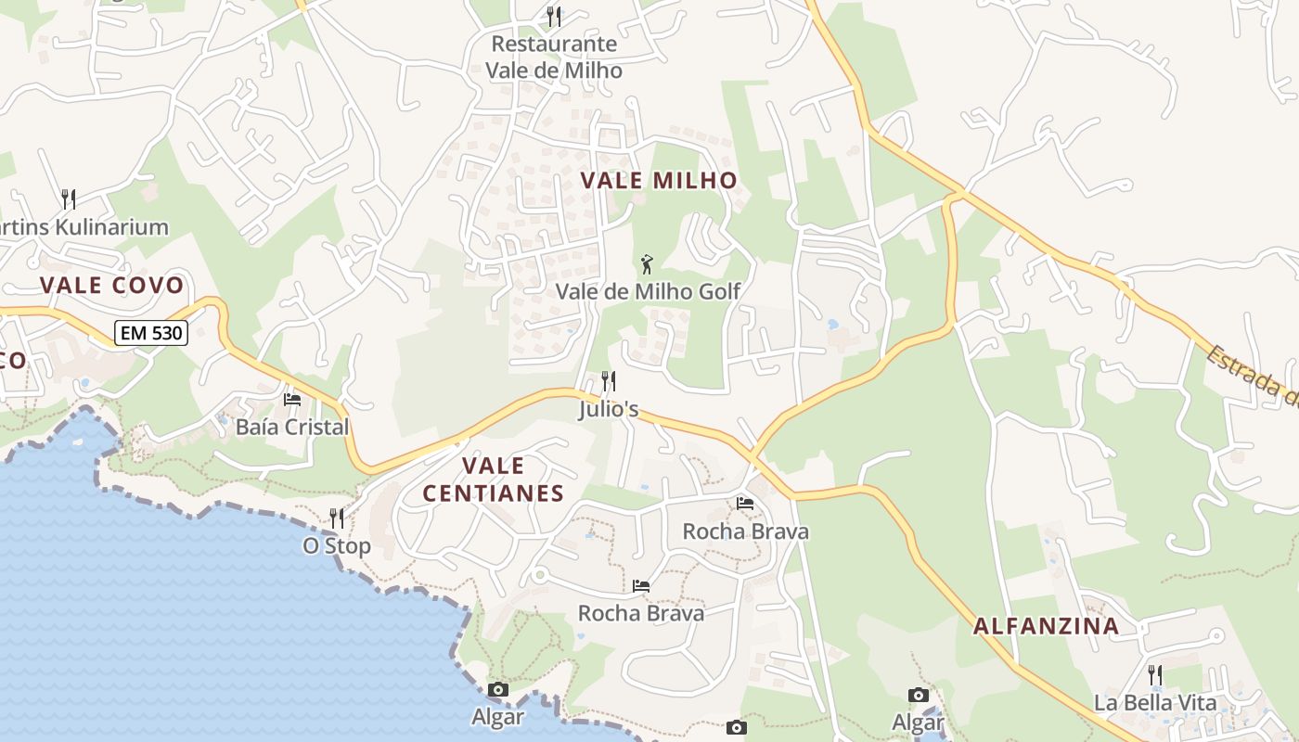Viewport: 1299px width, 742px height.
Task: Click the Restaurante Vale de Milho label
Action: coord(554,57)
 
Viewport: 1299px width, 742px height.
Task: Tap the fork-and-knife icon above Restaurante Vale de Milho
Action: coord(554,16)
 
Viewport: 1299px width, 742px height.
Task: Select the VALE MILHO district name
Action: coord(659,181)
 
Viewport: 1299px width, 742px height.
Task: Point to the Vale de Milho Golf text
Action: coord(648,291)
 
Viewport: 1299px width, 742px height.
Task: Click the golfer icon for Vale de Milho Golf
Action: coord(647,264)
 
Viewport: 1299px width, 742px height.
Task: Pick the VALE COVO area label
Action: coord(112,286)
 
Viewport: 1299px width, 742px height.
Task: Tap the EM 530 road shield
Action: coord(151,333)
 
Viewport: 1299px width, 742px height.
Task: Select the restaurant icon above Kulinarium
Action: coord(68,198)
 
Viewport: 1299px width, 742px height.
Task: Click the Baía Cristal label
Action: coord(292,427)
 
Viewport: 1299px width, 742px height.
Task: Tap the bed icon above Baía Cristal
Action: coord(292,400)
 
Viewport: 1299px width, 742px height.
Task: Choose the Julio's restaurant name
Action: coord(609,409)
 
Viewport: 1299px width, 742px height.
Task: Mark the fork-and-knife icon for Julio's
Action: coord(609,380)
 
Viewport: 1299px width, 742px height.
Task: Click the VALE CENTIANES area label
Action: coord(493,480)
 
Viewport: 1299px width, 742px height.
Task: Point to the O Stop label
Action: coord(337,546)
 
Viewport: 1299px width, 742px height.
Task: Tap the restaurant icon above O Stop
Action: coord(337,518)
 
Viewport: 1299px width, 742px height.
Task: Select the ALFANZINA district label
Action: coord(1046,626)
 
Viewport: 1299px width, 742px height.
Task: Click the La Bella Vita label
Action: coord(1154,702)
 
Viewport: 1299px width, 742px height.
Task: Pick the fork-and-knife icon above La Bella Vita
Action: coord(1155,674)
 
